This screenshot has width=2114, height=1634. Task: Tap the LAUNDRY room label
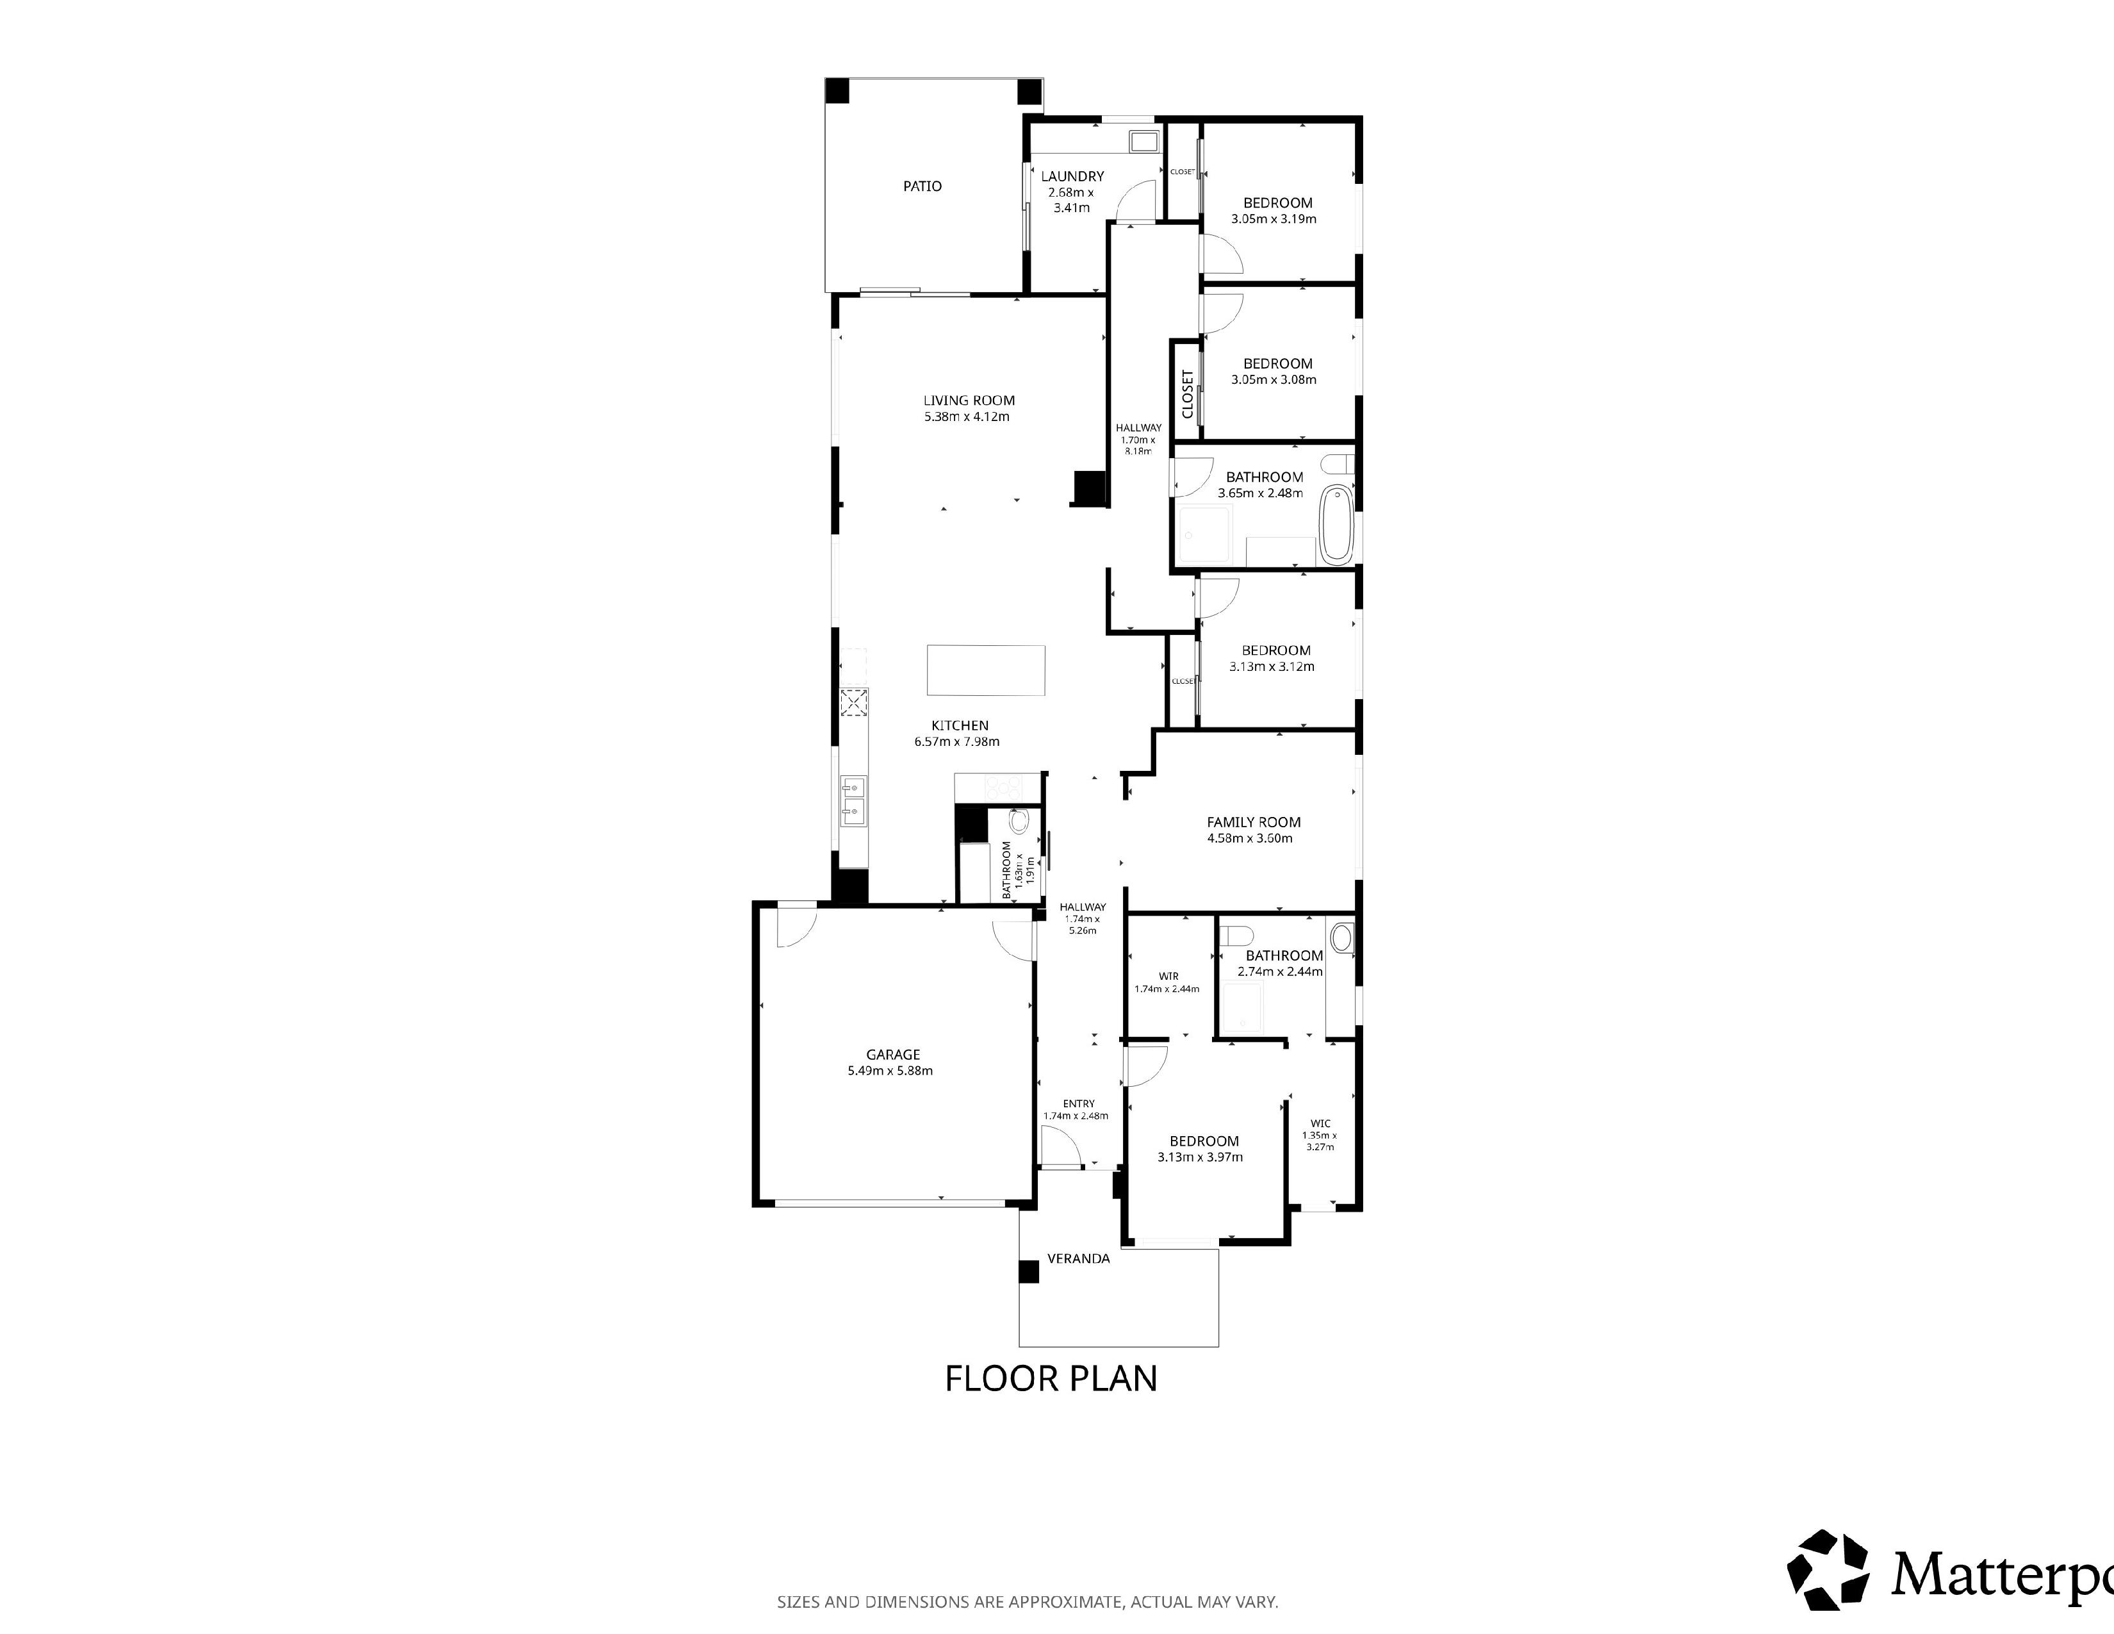[x=1072, y=176]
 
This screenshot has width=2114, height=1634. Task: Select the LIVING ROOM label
[x=969, y=400]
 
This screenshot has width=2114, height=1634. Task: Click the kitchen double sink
[x=175, y=802]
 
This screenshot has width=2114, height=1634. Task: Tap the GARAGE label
[x=892, y=1054]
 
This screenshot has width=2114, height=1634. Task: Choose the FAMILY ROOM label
[x=1254, y=822]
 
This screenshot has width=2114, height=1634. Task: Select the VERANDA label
[x=1078, y=1259]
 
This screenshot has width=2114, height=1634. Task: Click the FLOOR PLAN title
[x=1051, y=1378]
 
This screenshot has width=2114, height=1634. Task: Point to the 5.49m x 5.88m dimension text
[x=890, y=1071]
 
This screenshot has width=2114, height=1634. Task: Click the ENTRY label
[x=1078, y=1103]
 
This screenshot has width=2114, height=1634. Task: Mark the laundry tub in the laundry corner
[x=1143, y=142]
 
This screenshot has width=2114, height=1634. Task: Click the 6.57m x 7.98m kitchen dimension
[x=956, y=741]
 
